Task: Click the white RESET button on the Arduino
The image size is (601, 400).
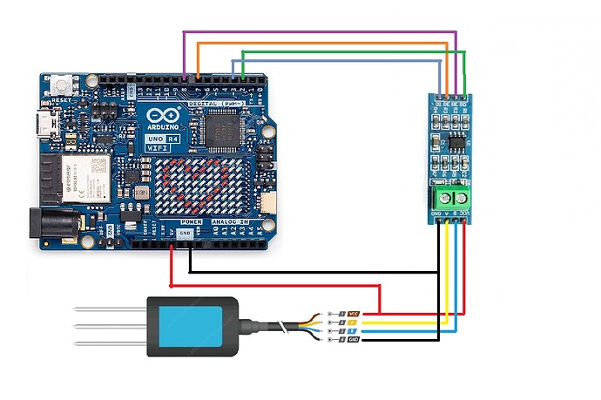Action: pos(62,86)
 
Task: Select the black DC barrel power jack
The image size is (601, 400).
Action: pos(51,225)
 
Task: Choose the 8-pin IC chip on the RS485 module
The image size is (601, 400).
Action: pos(454,139)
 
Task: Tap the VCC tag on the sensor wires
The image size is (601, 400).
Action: pos(354,313)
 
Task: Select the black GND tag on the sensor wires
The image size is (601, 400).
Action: pos(354,339)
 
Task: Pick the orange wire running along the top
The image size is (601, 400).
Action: pos(322,42)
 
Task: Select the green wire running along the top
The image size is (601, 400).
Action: pos(348,51)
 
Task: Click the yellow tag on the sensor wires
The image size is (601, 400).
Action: pos(354,322)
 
